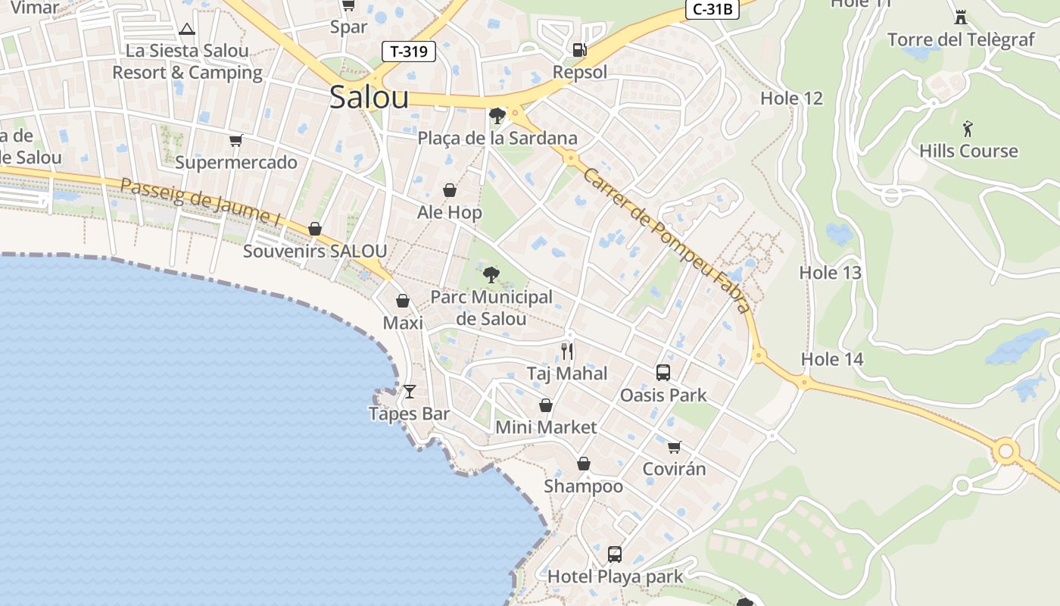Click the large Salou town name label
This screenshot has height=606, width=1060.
(369, 98)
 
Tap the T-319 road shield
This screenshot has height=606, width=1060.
(409, 52)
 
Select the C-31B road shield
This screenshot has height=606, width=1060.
(712, 9)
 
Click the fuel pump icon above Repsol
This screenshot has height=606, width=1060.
(579, 49)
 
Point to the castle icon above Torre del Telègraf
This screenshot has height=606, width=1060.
(961, 17)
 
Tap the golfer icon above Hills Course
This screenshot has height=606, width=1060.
(968, 128)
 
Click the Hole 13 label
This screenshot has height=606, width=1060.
(831, 273)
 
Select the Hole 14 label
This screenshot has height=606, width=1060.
(832, 359)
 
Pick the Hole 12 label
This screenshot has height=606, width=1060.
(791, 98)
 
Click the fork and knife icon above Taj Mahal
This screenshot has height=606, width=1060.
(567, 351)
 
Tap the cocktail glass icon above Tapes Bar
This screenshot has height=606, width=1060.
(410, 391)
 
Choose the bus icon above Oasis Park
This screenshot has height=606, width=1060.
(663, 372)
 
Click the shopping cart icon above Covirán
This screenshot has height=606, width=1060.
(674, 446)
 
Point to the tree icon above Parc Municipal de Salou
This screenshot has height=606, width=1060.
(491, 274)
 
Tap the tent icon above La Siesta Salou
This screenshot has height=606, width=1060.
(187, 29)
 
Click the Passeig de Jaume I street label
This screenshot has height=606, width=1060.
(201, 201)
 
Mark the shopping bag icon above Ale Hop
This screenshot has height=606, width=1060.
(450, 189)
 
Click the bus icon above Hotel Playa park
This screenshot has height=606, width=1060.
(615, 554)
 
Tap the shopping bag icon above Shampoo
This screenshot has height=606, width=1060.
(584, 464)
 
